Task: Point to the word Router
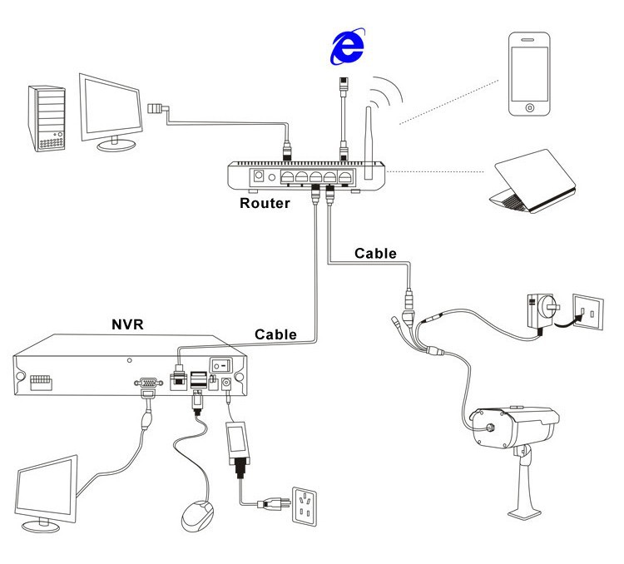click(265, 201)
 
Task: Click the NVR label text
click(127, 324)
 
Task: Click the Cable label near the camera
click(375, 253)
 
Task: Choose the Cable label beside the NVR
click(276, 334)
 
